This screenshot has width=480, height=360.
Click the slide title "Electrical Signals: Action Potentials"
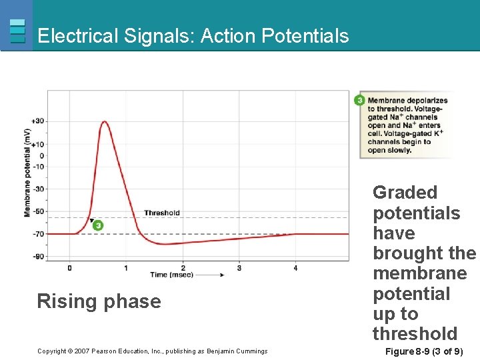[193, 35]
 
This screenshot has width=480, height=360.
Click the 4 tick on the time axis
[295, 268]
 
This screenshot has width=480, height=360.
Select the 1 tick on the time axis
[126, 268]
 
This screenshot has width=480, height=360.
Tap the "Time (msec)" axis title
[168, 275]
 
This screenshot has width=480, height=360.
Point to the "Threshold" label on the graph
[161, 213]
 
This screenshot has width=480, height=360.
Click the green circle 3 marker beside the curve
[98, 225]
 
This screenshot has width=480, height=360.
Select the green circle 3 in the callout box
[359, 101]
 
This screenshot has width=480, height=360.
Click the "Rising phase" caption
[99, 301]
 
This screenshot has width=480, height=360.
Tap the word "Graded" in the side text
[405, 193]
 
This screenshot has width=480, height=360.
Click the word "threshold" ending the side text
[415, 334]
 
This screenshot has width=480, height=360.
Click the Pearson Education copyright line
[152, 351]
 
